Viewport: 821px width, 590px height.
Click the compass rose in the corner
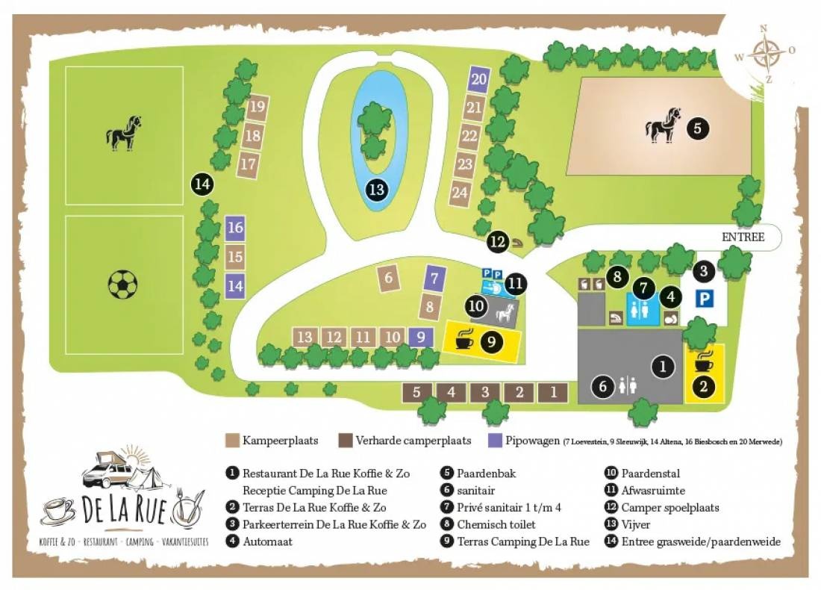(766, 54)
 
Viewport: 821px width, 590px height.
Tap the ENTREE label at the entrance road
(743, 237)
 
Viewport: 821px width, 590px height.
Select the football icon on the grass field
(123, 284)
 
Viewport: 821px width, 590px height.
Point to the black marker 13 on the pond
(377, 190)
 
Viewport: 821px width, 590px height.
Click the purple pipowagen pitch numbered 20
(479, 79)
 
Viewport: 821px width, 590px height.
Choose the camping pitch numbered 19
(257, 108)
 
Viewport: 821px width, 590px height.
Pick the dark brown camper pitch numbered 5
(416, 391)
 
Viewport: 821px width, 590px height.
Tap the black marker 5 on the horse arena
(697, 128)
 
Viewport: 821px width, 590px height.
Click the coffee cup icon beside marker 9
(464, 340)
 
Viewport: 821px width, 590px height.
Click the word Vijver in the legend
(637, 525)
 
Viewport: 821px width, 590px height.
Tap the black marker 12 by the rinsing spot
(498, 241)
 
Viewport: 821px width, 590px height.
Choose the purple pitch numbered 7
(434, 279)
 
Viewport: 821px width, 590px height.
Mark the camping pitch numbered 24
(460, 193)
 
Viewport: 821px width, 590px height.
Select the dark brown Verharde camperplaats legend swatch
(346, 440)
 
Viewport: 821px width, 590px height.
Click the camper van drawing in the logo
(108, 472)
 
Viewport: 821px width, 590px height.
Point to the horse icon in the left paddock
(124, 133)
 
